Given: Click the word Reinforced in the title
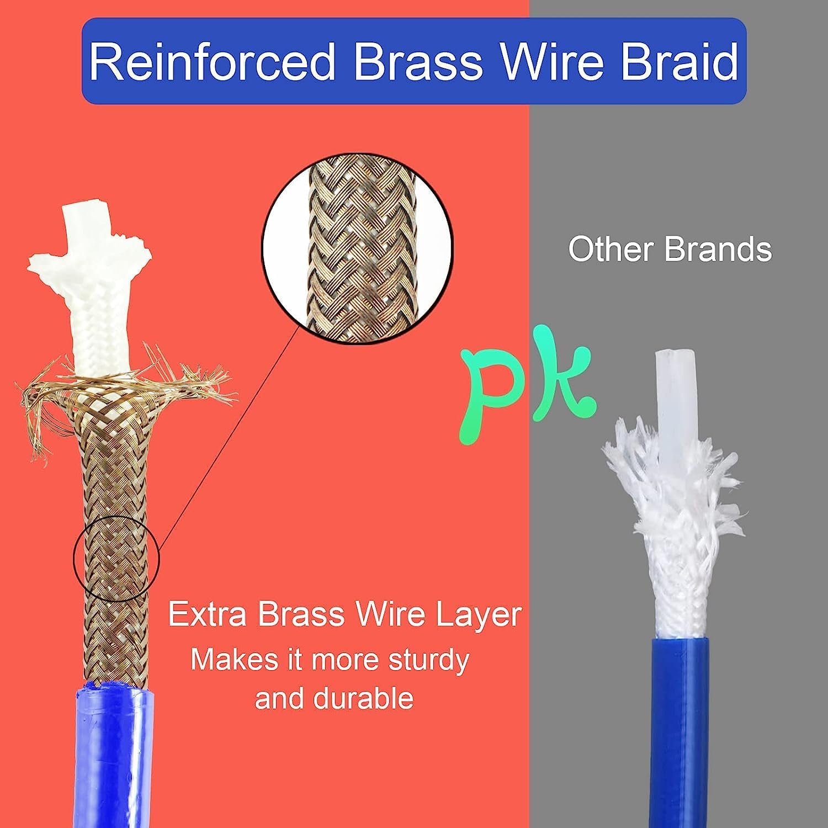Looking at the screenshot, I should [212, 61].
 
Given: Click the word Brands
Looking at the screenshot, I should [718, 249].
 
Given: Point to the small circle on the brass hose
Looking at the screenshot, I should [116, 559].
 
